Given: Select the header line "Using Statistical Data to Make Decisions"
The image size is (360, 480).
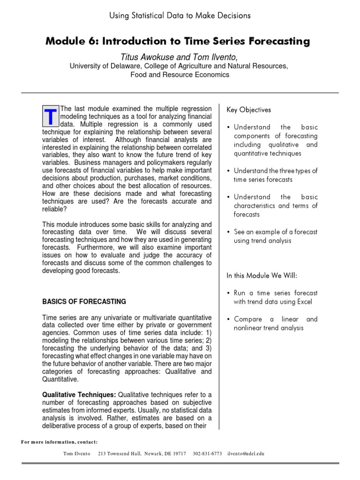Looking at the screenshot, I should (180, 15).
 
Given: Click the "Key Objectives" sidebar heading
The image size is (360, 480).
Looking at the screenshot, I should (249, 110).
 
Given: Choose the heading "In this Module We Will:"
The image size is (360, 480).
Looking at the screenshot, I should (262, 275).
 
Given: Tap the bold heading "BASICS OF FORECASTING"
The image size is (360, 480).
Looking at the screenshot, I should (84, 301).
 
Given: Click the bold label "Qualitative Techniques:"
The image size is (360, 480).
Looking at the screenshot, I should (79, 395).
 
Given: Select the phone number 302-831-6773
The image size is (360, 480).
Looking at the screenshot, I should (207, 454).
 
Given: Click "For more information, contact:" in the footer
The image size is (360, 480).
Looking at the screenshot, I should (59, 442).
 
